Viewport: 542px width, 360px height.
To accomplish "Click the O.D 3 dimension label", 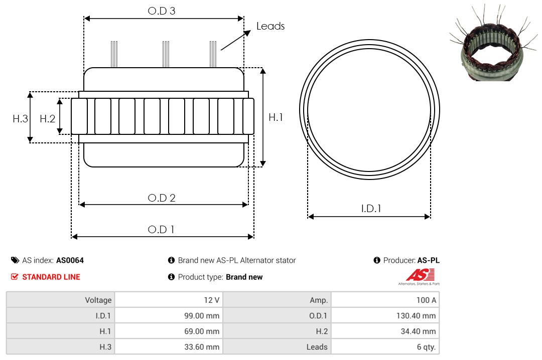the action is pyautogui.click(x=162, y=11).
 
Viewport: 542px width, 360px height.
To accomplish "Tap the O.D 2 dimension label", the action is pyautogui.click(x=162, y=198).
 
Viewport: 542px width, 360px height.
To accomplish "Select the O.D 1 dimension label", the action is pyautogui.click(x=161, y=230).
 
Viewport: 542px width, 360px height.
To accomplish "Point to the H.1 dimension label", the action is pyautogui.click(x=276, y=117).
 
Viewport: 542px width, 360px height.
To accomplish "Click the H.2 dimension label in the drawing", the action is pyautogui.click(x=47, y=119).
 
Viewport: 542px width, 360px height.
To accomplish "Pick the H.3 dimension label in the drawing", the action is pyautogui.click(x=21, y=119).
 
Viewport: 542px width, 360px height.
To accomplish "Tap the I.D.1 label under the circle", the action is pyautogui.click(x=371, y=209).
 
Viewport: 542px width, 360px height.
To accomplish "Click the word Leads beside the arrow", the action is pyautogui.click(x=270, y=26).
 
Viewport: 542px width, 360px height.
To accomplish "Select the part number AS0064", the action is pyautogui.click(x=70, y=261).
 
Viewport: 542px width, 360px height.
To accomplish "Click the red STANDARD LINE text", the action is pyautogui.click(x=51, y=277).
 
